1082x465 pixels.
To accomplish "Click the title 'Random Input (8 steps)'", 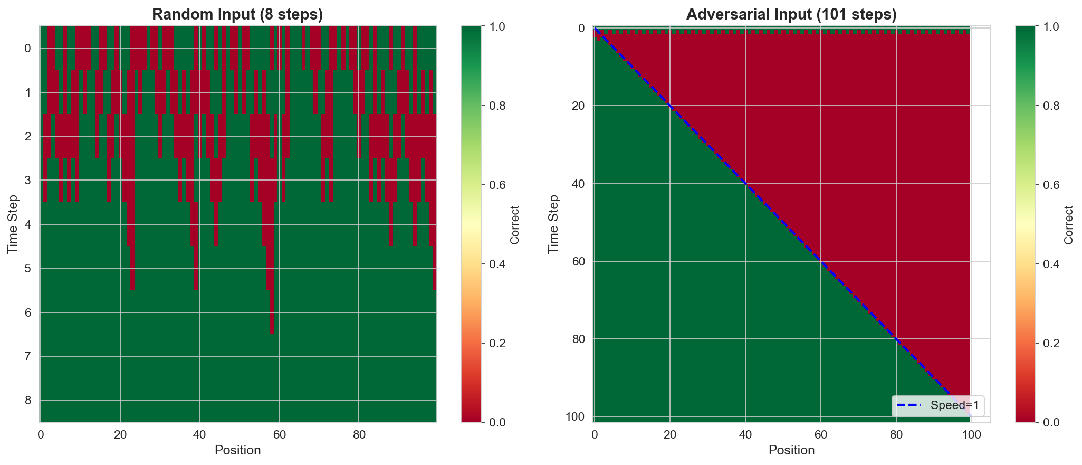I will pos(237,14).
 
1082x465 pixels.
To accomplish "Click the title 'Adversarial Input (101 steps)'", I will pos(791,14).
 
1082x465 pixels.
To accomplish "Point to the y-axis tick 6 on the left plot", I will pos(29,312).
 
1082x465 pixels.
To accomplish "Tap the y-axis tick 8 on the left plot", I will pos(29,400).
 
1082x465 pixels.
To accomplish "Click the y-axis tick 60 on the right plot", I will pos(579,261).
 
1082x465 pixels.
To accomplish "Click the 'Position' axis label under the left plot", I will pos(237,450).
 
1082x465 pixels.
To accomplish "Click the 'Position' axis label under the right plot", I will pos(791,450).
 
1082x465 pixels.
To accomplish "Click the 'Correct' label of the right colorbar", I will pos(1069,224).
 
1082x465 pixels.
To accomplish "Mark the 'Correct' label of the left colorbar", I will pos(515,224).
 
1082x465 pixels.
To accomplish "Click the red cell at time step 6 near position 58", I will pos(272,312).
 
